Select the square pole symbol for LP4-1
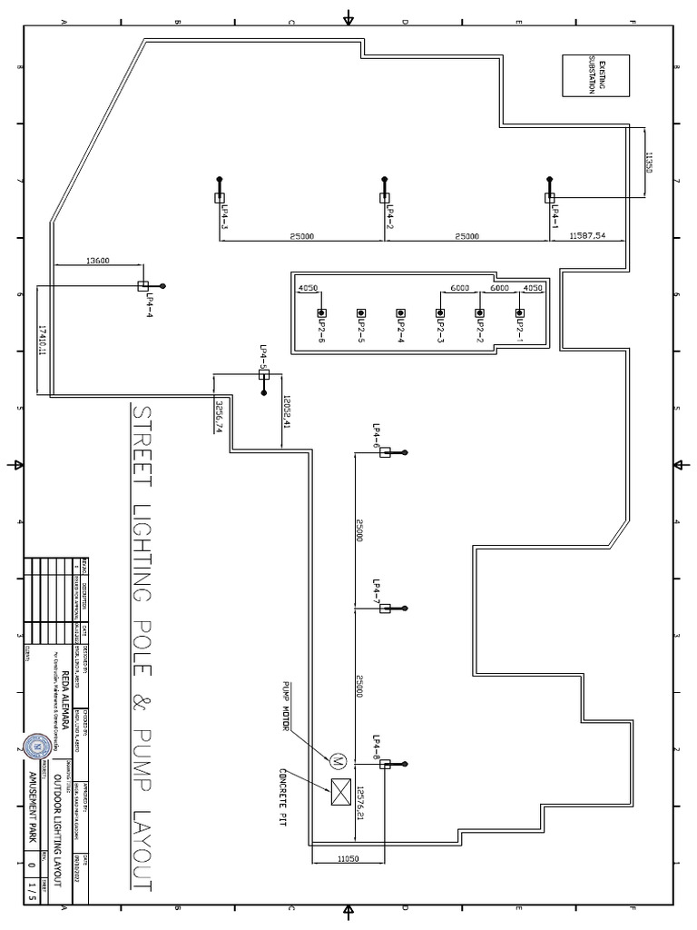coord(550,197)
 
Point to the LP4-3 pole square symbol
coord(220,197)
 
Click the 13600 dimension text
coord(97,261)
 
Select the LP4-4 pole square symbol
coord(142,285)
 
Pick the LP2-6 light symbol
coord(321,312)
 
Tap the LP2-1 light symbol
coord(519,312)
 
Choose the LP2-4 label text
coord(400,331)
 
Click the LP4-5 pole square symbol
coord(264,374)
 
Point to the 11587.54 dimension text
coord(587,236)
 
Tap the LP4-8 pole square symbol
coord(385,765)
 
